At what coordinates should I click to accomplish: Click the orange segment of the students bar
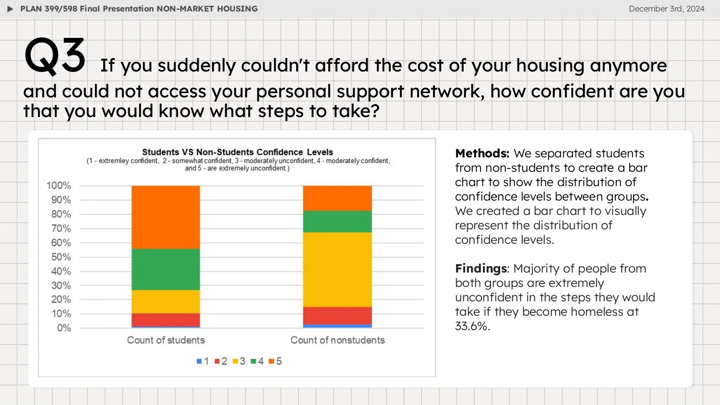coord(166,217)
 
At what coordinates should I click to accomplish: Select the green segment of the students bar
coord(166,269)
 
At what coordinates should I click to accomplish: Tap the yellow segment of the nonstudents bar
coord(337,269)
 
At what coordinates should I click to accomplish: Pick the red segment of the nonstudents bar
coord(337,316)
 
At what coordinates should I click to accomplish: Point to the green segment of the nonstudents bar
coord(337,221)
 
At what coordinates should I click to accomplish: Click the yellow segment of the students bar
coord(166,301)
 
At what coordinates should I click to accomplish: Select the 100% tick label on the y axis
coord(59,186)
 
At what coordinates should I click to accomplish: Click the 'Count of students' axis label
coord(166,340)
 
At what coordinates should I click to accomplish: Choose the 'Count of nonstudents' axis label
coord(337,340)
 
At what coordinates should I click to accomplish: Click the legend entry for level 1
coord(203,361)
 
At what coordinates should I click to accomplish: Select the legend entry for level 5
coord(275,361)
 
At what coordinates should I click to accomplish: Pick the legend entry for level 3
coord(239,361)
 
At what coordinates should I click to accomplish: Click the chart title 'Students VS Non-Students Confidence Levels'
coord(237,152)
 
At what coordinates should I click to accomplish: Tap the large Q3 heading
coord(55,56)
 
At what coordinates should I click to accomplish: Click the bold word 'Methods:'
coord(482,154)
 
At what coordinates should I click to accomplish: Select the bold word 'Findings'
coord(481,269)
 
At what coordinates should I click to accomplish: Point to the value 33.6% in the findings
coord(472,326)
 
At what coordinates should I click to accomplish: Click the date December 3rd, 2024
coord(666,9)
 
